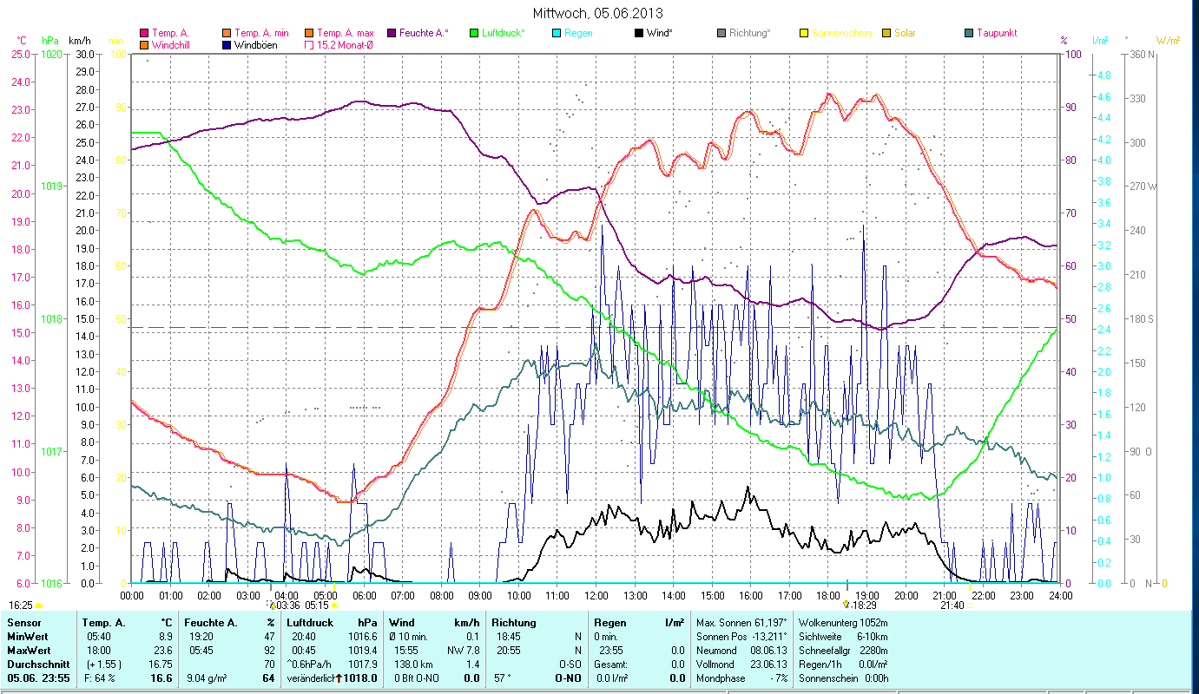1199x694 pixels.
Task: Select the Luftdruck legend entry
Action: (x=504, y=33)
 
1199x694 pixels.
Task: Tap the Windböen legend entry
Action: (x=255, y=45)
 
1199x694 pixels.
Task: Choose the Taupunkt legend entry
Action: (x=996, y=33)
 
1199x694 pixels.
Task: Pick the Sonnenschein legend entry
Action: (x=840, y=33)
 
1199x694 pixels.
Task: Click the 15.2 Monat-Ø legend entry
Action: (x=346, y=45)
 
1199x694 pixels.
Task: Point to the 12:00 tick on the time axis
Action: (x=596, y=595)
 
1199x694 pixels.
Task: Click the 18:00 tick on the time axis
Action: (x=828, y=595)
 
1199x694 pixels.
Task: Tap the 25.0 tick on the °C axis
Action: (x=19, y=54)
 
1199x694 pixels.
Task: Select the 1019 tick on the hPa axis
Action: (x=51, y=187)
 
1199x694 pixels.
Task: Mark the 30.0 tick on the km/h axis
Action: (x=85, y=54)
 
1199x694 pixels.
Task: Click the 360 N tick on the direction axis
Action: (x=1143, y=55)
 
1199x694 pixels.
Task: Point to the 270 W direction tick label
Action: (x=1143, y=187)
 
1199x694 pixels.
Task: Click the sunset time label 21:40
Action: (x=952, y=606)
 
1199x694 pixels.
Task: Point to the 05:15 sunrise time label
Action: (x=318, y=606)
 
